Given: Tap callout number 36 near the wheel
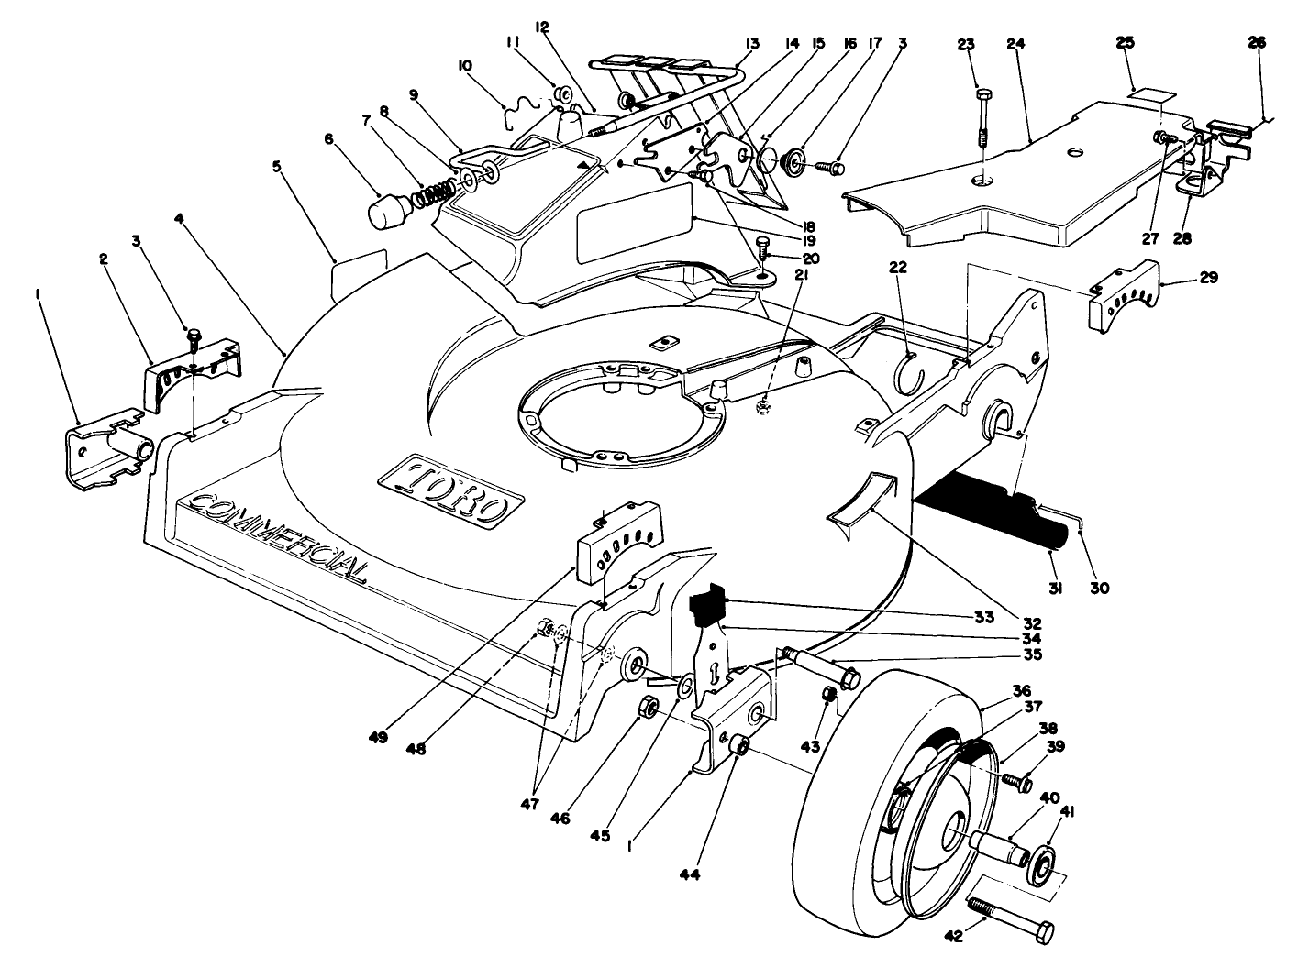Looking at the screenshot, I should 1021,690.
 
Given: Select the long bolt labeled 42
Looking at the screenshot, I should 1014,917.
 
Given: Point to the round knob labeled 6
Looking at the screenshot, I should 390,213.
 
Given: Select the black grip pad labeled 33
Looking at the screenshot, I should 707,607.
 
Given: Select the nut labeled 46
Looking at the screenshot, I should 646,707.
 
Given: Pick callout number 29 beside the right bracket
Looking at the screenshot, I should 1208,277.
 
